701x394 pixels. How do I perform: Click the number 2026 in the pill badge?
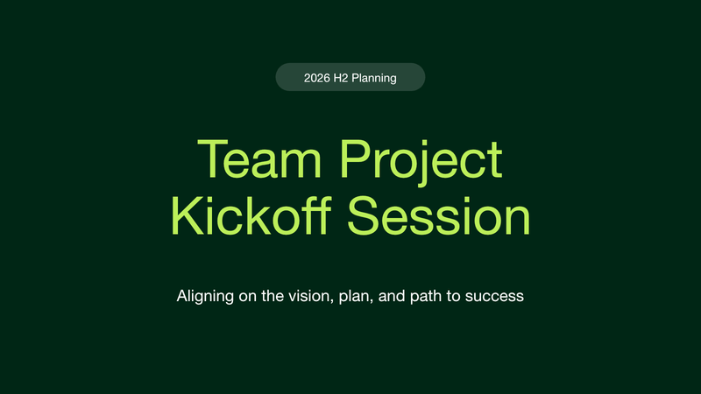(317, 78)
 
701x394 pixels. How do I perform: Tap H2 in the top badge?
(341, 78)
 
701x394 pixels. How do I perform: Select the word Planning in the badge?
(374, 79)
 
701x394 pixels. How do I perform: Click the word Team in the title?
(259, 159)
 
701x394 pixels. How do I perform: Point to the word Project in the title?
(421, 162)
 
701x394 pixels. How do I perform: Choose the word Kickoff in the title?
(251, 215)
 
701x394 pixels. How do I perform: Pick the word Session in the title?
(439, 216)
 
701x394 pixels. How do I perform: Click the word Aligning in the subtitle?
(205, 297)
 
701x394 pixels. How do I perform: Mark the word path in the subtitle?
(426, 297)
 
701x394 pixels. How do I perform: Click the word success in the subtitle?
(494, 297)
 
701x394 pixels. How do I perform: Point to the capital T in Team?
(210, 159)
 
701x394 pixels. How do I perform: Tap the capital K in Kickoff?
(185, 215)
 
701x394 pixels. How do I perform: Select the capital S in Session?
(363, 215)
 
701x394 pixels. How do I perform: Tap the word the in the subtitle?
(273, 296)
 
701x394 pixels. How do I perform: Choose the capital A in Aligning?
(182, 296)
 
